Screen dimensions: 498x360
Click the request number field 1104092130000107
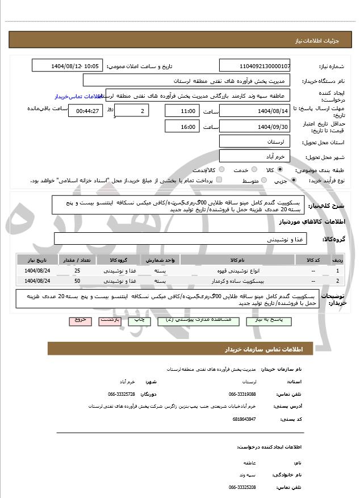254,66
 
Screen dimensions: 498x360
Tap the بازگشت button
110,320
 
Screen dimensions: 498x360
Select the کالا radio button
280,170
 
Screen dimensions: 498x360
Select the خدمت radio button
253,170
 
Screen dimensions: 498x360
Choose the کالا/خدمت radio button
221,170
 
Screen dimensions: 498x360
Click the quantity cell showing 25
77,271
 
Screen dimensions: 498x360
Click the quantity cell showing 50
77,281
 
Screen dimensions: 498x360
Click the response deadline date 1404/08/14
254,111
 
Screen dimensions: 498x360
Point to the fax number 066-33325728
122,394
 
